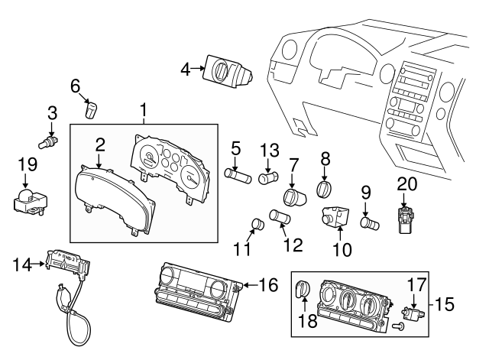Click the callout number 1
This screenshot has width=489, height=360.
click(x=143, y=112)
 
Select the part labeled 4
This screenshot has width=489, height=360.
click(x=226, y=74)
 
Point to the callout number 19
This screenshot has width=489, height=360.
click(x=28, y=163)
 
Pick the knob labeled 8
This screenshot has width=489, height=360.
click(x=325, y=188)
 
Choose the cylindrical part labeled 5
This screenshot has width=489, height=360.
click(x=238, y=174)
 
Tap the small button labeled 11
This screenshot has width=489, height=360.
click(x=257, y=224)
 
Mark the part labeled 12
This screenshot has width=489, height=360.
click(x=280, y=219)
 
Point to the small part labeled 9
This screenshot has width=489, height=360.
click(x=368, y=223)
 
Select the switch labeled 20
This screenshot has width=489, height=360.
click(x=404, y=212)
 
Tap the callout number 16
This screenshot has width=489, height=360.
click(x=269, y=285)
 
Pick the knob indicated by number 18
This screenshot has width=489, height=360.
click(x=302, y=290)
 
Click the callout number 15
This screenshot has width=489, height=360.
click(x=445, y=304)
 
